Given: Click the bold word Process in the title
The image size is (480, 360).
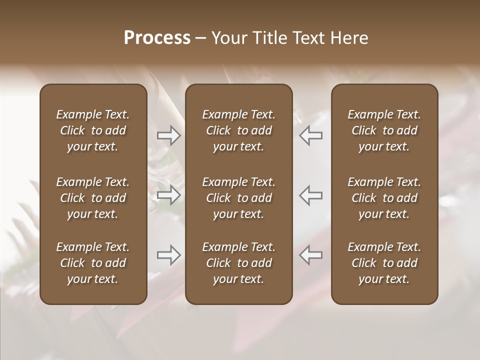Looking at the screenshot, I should (x=157, y=38).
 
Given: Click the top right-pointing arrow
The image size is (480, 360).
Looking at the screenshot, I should (x=168, y=135).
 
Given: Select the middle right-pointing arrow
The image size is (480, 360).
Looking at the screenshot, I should (x=168, y=195).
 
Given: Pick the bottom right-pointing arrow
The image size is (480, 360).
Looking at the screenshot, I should (x=168, y=255).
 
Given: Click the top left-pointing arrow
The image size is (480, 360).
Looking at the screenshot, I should (x=311, y=135).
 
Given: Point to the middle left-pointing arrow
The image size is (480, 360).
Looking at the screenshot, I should (x=311, y=195).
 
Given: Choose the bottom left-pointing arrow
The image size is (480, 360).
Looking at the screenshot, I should (x=311, y=255).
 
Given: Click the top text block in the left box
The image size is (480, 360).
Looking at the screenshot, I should (x=93, y=130).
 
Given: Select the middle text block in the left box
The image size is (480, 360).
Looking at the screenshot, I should (x=93, y=198).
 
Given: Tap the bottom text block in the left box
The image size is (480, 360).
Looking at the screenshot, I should (x=93, y=263).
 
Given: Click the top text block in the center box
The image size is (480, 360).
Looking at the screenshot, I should (x=239, y=130).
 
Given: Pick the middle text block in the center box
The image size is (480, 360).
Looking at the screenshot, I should (x=239, y=198).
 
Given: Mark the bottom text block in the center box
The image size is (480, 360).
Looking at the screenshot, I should (x=239, y=263).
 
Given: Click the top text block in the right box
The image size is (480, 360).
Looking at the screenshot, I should (x=384, y=130).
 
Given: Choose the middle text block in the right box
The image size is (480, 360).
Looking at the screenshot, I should (x=384, y=198).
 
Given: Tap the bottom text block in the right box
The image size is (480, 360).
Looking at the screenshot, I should (x=384, y=263).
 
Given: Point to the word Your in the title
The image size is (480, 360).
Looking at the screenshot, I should (x=228, y=38).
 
